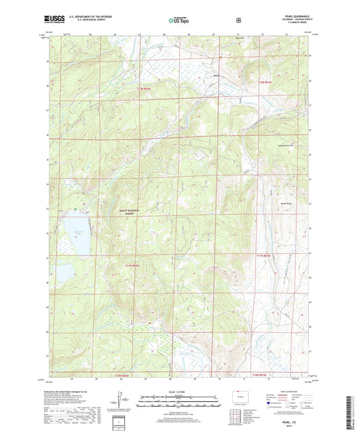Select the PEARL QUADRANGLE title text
pyautogui.click(x=296, y=18)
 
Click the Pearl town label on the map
pyautogui.click(x=217, y=75)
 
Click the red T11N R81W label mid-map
pyautogui.click(x=267, y=255)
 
